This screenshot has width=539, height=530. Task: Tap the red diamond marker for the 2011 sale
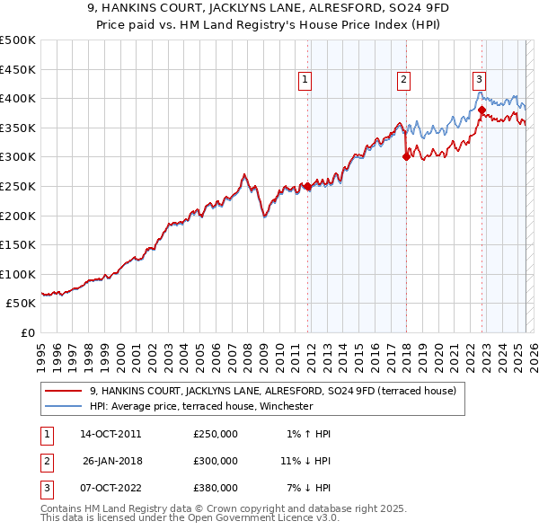point(307,187)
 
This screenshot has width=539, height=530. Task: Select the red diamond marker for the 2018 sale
point(406,156)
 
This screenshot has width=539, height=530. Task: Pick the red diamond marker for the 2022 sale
point(482,110)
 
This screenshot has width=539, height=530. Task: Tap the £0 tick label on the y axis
point(27,332)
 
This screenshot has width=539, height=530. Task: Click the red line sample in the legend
point(64,391)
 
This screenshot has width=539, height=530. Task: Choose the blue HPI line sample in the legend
point(64,406)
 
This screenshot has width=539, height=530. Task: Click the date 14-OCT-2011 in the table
point(110,434)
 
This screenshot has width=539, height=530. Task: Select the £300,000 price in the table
point(216,461)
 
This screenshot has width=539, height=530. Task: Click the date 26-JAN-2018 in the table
point(111,461)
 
